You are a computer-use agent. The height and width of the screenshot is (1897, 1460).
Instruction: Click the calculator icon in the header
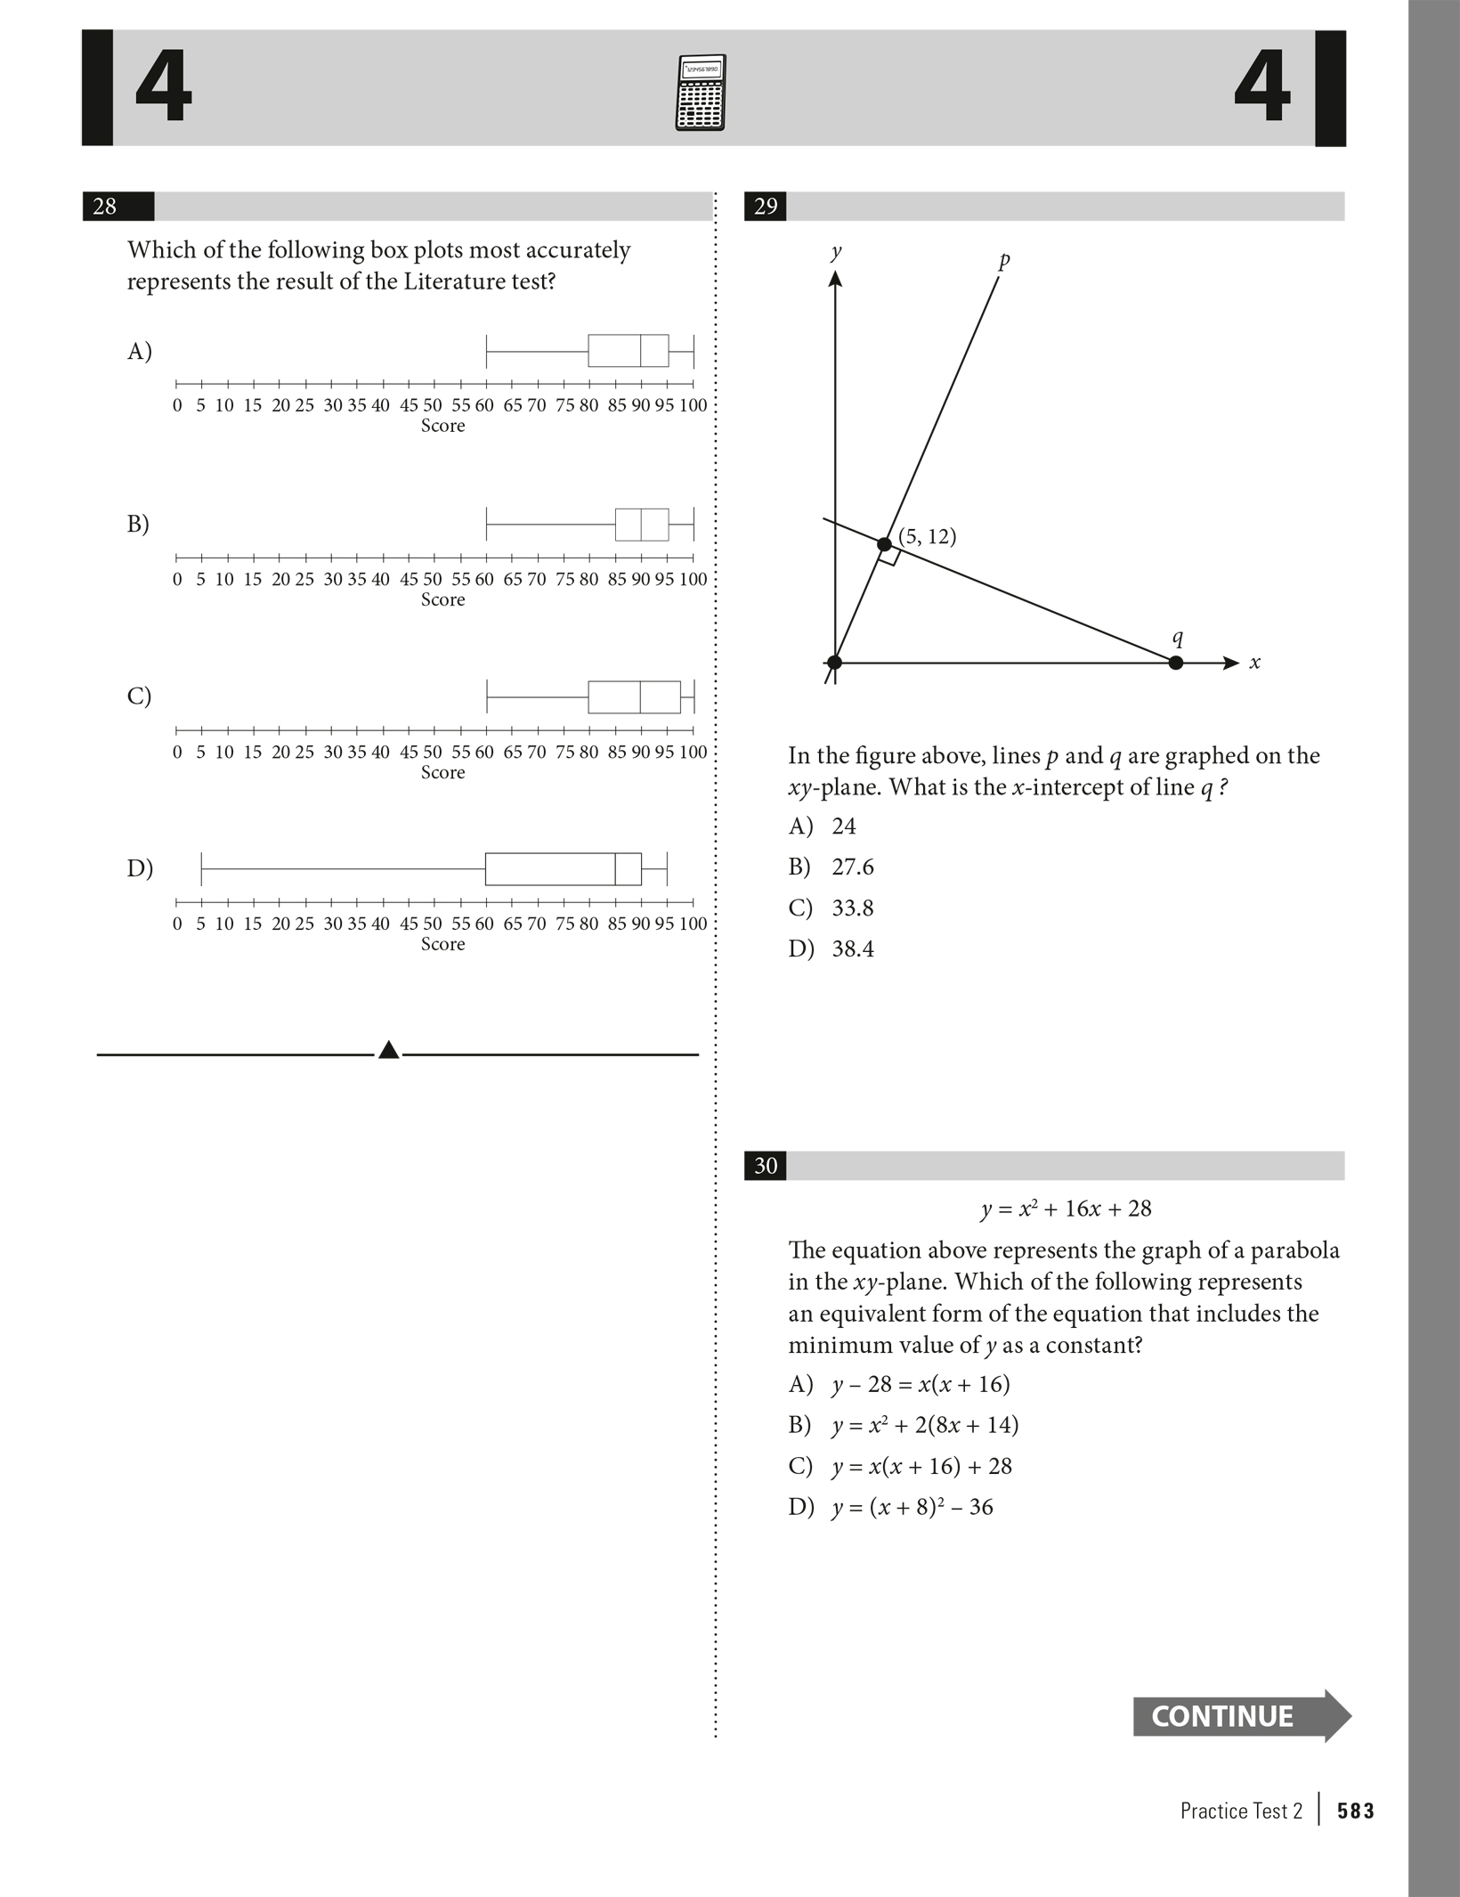[x=700, y=93]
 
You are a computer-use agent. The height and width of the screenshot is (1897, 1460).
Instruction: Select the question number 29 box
[x=765, y=207]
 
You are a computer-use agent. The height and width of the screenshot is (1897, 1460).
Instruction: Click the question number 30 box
[x=765, y=1166]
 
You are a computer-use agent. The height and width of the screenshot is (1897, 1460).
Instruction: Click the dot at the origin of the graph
[x=834, y=663]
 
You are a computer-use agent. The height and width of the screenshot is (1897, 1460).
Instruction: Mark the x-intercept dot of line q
[x=1175, y=663]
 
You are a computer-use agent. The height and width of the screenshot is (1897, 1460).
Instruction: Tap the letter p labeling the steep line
[x=1004, y=261]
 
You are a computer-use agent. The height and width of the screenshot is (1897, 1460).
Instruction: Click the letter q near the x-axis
[x=1178, y=637]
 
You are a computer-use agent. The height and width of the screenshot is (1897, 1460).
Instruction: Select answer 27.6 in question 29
[x=852, y=867]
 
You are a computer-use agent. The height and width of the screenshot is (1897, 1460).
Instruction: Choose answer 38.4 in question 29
[x=852, y=948]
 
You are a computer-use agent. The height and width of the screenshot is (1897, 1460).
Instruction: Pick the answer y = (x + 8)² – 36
[x=912, y=1507]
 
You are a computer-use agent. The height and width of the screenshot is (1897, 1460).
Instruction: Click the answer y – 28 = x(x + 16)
[x=920, y=1384]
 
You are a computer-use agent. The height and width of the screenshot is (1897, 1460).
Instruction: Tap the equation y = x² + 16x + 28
[x=1066, y=1209]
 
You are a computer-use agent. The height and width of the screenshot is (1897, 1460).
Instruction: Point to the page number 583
[x=1355, y=1811]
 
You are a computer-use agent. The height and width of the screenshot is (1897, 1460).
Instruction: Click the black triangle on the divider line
[x=388, y=1051]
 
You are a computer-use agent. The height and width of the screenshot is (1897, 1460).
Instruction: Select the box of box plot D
[x=563, y=868]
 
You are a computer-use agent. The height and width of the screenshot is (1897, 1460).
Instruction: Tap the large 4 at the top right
[x=1261, y=87]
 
